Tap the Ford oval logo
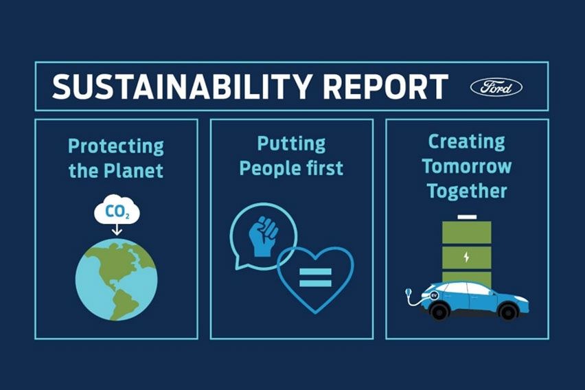[x=496, y=87]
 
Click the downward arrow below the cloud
[x=117, y=232]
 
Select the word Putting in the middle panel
[x=291, y=144]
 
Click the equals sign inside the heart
[x=315, y=277]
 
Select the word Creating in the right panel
[x=466, y=142]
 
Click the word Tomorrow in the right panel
[x=466, y=166]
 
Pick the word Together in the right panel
[x=466, y=190]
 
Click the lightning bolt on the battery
[x=467, y=257]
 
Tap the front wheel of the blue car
[x=507, y=312]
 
